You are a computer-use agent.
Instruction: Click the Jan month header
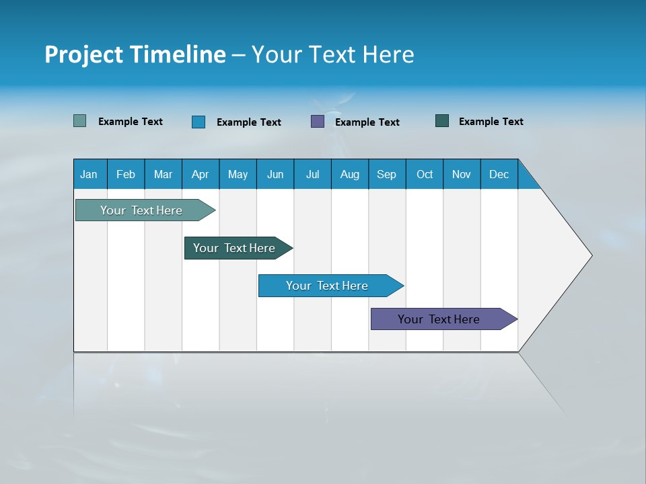click(x=89, y=174)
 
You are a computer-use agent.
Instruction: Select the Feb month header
click(x=126, y=174)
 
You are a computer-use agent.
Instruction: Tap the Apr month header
click(x=201, y=174)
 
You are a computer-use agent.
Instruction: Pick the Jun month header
click(x=275, y=174)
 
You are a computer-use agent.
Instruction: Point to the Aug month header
click(x=350, y=174)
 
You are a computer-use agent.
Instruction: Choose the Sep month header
click(x=387, y=174)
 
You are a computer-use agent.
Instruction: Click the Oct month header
click(x=425, y=174)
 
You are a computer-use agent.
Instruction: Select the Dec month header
click(x=499, y=174)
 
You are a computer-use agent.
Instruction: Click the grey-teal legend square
click(x=80, y=121)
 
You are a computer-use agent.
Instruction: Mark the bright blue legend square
click(x=199, y=122)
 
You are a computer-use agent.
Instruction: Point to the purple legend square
click(x=318, y=122)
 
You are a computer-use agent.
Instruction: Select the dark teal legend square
click(x=442, y=121)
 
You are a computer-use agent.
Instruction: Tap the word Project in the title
click(x=84, y=54)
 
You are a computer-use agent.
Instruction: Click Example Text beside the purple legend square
click(x=367, y=122)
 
